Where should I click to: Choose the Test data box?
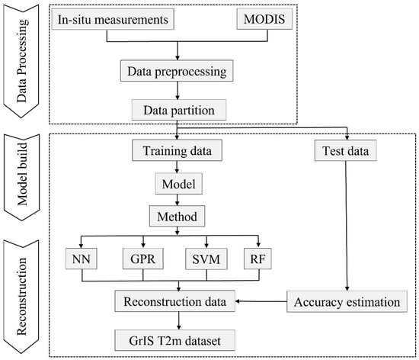(346, 152)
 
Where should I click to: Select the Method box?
(178, 217)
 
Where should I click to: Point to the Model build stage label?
(21, 179)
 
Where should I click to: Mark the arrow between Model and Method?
(178, 201)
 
